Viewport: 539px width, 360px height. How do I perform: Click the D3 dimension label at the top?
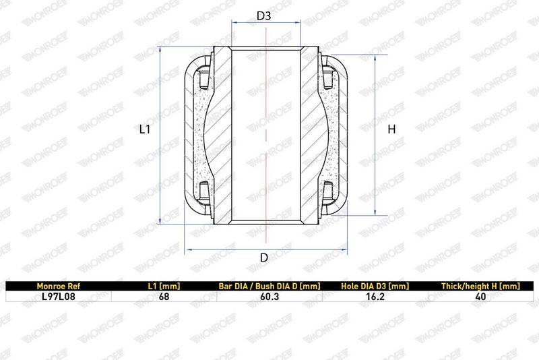click(264, 16)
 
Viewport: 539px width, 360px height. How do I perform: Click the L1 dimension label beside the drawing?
click(145, 129)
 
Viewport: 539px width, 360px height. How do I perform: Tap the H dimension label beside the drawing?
click(391, 129)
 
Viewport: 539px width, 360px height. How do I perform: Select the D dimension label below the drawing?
click(264, 258)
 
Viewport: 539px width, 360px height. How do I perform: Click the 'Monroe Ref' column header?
click(58, 286)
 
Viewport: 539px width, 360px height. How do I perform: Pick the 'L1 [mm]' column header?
click(164, 286)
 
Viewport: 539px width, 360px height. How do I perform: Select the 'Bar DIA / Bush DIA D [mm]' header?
click(269, 286)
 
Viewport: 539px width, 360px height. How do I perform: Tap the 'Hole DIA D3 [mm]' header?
click(375, 286)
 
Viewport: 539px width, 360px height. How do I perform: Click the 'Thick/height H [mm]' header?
click(480, 286)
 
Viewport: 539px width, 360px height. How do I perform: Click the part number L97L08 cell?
click(58, 297)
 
